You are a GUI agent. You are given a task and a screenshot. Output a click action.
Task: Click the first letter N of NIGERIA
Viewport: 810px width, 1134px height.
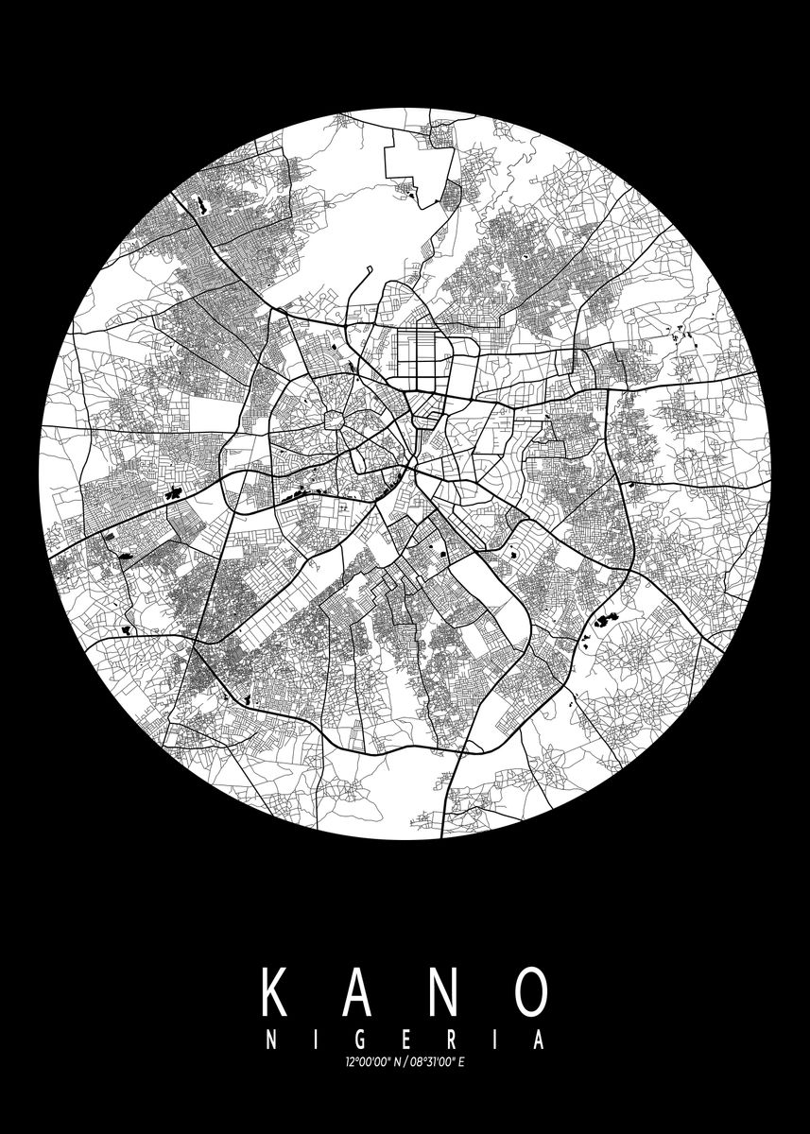coord(272,1041)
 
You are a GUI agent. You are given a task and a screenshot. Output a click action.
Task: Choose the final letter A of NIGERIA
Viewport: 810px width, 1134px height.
coord(537,1041)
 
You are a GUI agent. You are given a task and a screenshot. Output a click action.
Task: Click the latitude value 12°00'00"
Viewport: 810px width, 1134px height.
coord(367,1066)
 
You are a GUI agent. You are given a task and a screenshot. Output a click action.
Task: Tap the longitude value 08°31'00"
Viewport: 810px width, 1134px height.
coord(433,1066)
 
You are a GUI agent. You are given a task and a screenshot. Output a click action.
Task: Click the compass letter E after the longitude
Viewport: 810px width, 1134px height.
coord(464,1066)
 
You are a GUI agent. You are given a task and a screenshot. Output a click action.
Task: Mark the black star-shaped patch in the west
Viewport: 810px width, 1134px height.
coord(175,491)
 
